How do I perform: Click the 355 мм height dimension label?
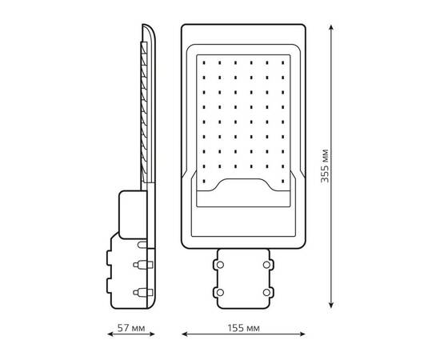tap(325, 166)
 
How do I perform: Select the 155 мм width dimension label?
tap(243, 328)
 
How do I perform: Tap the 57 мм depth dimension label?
tap(131, 328)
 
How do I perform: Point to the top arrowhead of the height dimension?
tap(331, 27)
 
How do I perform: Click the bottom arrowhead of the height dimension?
tap(331, 306)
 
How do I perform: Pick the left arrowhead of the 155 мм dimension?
tap(184, 334)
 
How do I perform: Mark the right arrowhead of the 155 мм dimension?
tap(302, 334)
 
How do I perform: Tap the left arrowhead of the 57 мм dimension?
tap(110, 334)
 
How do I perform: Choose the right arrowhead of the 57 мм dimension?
tap(152, 334)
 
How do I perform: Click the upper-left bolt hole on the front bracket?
tap(220, 265)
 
